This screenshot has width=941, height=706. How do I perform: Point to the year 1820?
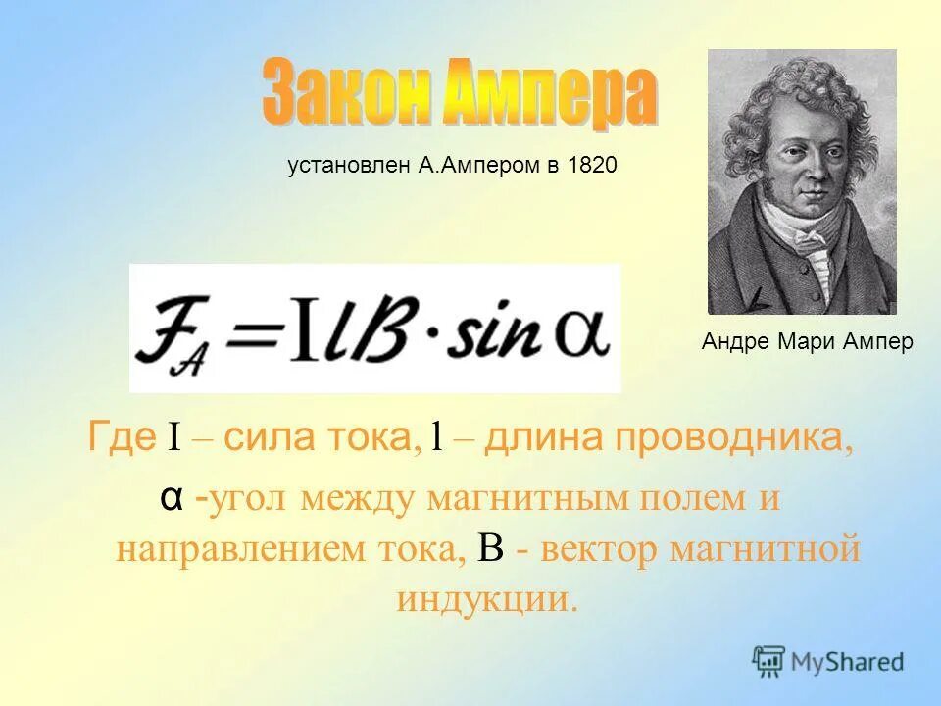pos(592,166)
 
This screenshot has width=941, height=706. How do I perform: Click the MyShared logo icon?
pos(768,661)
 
